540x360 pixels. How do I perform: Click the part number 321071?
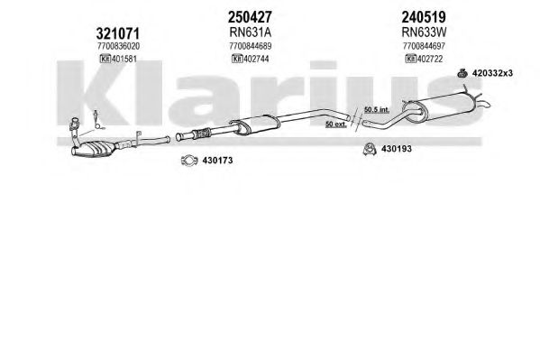click(118, 33)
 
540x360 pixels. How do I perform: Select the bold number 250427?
click(250, 16)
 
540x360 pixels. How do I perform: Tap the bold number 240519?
click(424, 16)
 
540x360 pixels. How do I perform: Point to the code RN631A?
click(251, 32)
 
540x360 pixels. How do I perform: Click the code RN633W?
click(424, 32)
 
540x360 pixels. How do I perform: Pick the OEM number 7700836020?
click(118, 46)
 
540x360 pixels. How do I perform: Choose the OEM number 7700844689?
click(251, 46)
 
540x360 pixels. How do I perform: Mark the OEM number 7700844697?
click(424, 46)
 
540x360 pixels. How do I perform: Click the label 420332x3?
click(492, 73)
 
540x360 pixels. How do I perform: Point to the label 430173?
click(217, 161)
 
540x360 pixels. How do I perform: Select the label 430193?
click(397, 149)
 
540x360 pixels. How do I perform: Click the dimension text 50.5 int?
click(377, 110)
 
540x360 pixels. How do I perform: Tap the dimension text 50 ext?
click(335, 124)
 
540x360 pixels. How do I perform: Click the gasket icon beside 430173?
click(189, 161)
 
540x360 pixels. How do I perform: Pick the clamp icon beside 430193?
click(370, 149)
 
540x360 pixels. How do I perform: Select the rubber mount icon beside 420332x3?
click(462, 73)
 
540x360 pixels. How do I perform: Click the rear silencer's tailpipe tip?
click(489, 104)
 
